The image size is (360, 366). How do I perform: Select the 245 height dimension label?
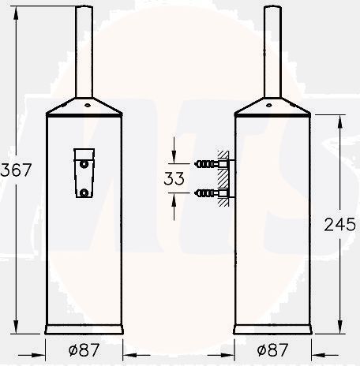(339, 224)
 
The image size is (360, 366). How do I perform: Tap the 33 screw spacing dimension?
(174, 179)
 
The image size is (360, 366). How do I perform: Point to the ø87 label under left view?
(83, 348)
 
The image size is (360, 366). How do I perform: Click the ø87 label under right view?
(272, 348)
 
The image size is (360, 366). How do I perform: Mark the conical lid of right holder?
(272, 106)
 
